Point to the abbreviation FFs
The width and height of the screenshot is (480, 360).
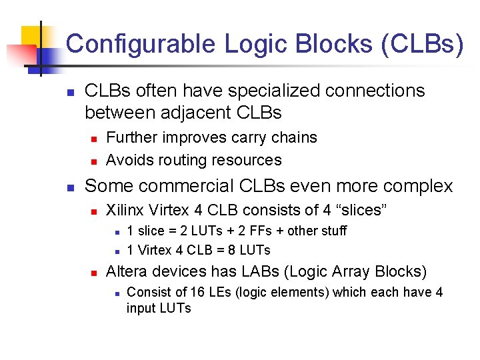[255, 231]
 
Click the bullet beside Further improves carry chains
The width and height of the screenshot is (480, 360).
[94, 139]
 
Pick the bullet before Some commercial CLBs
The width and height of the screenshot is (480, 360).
[71, 187]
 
